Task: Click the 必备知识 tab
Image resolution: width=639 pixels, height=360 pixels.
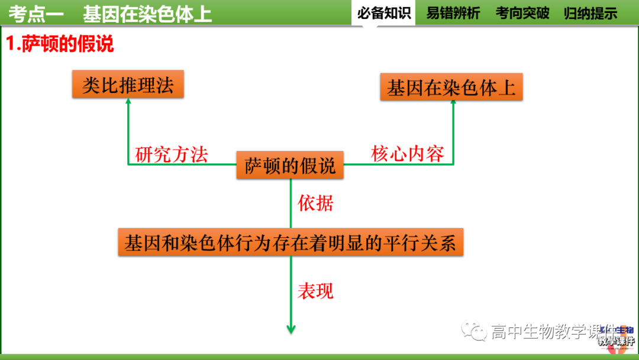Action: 383,13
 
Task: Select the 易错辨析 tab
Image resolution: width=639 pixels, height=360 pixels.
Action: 453,13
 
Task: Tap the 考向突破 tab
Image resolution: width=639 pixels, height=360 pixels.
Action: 522,13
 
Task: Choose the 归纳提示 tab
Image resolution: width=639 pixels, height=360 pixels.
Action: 590,13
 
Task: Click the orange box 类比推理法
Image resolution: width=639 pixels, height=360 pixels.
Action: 128,85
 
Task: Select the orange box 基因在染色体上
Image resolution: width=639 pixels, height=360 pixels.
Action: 451,88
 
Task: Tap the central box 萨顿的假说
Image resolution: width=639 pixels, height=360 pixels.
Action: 290,165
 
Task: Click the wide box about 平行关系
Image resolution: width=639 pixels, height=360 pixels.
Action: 291,243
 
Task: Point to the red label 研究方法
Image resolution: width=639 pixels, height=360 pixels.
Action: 172,155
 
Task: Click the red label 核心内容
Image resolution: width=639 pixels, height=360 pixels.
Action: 408,154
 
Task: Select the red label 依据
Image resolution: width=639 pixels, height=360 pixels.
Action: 315,204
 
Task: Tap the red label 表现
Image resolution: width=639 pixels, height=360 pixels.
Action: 315,291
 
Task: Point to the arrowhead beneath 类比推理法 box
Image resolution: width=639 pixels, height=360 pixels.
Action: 128,102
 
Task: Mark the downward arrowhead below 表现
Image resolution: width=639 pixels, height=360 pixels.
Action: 291,329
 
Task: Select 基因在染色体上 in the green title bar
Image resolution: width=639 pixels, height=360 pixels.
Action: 147,14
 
